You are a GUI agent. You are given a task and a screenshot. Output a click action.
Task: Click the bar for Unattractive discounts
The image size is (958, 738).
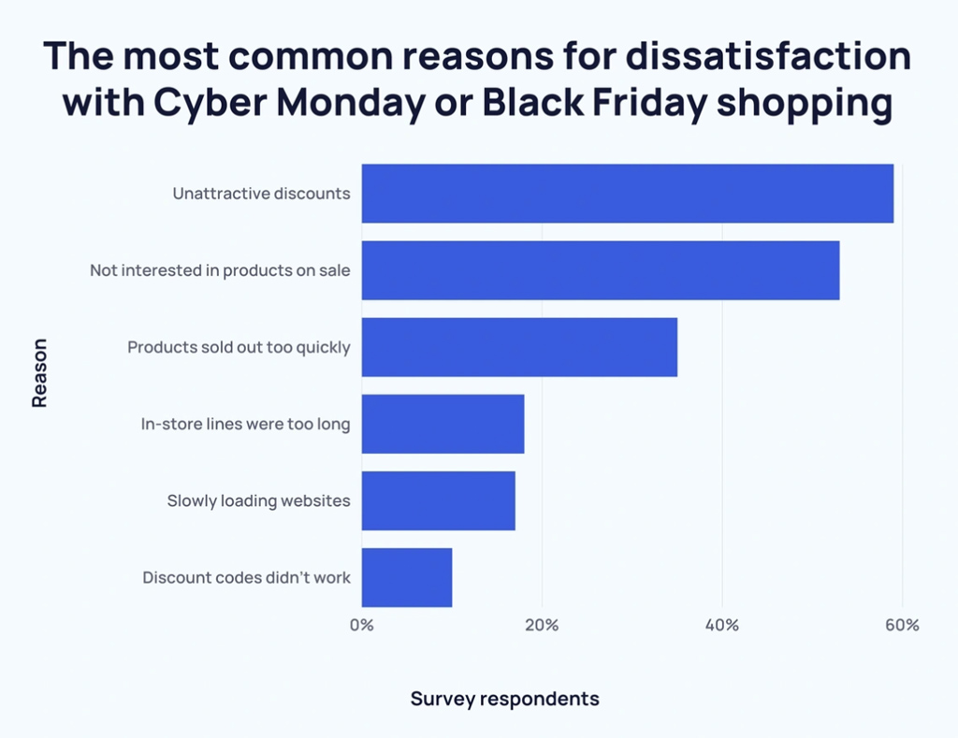pos(627,194)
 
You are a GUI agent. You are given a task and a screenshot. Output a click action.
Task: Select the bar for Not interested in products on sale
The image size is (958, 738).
pos(600,270)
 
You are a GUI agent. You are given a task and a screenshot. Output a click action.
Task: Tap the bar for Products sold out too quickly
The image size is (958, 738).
pos(519,347)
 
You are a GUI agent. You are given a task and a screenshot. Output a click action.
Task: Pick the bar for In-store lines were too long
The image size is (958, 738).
pos(443,424)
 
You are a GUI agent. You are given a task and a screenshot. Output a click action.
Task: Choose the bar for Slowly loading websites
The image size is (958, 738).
pos(438,500)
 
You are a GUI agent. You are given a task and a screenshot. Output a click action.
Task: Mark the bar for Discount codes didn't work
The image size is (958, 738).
pos(407,577)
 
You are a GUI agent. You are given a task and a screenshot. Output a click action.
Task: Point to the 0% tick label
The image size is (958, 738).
pos(361,625)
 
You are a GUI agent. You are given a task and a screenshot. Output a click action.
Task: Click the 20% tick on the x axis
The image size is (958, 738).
pos(542,625)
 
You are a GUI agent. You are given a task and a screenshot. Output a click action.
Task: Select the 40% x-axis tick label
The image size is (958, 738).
pos(721,625)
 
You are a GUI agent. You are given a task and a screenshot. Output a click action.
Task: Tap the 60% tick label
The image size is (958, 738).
pos(902,625)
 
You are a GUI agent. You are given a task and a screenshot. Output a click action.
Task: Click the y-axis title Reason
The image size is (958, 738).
pos(39,372)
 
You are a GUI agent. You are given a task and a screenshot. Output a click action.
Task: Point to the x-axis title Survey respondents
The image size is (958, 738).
pos(504,699)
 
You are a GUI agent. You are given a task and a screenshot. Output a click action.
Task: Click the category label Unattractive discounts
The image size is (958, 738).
pos(261,194)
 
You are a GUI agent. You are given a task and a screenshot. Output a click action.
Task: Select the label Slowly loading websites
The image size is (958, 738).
pos(258,500)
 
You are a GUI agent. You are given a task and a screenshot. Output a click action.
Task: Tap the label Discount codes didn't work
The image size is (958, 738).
pos(246,577)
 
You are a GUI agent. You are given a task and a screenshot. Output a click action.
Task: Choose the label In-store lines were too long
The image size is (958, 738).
pos(245,424)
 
